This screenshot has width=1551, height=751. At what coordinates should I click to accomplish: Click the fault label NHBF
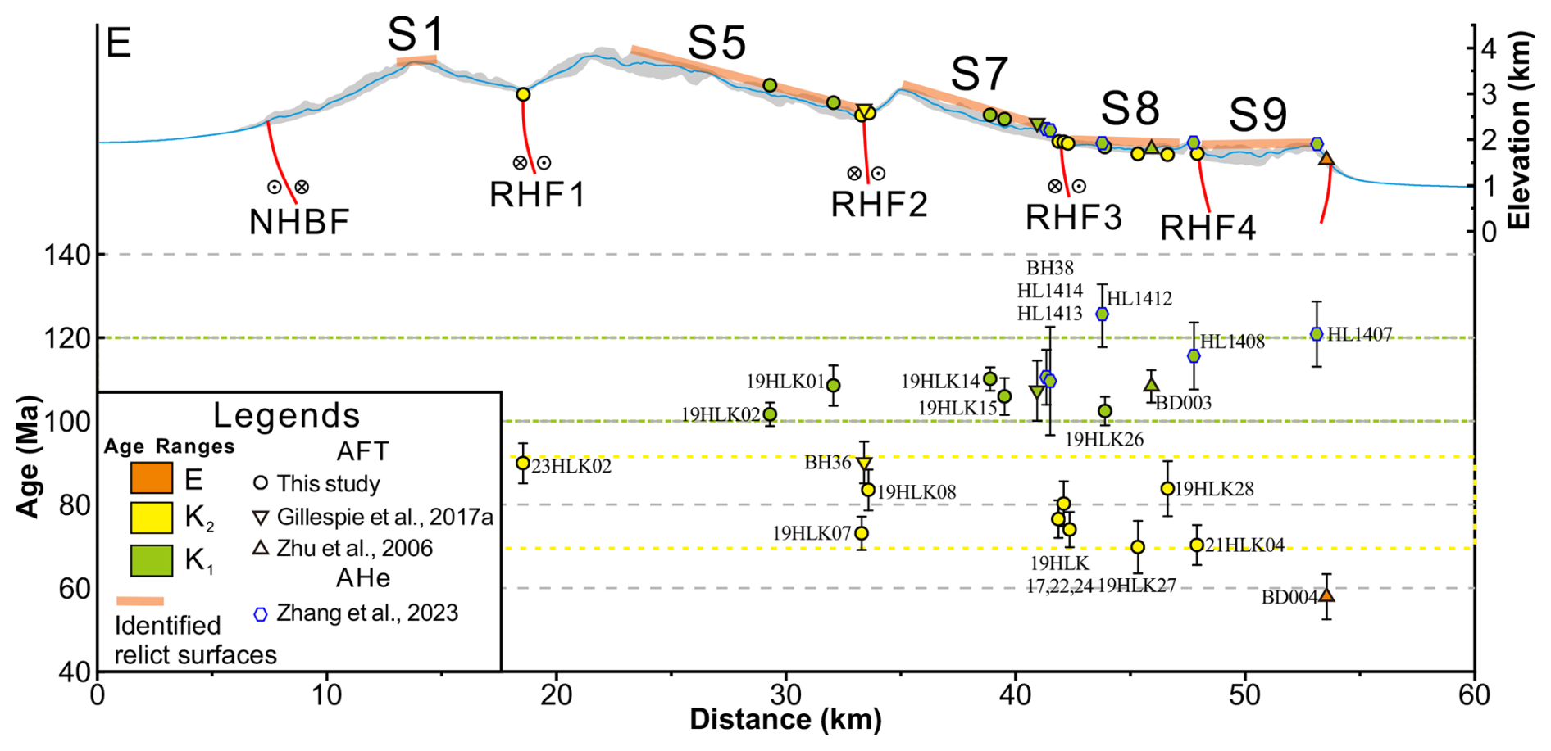[x=299, y=222]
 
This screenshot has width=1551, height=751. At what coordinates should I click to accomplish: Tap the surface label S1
[x=416, y=35]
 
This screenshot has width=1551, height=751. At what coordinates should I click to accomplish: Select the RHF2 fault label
[x=879, y=204]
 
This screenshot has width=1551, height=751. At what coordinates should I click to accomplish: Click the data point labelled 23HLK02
[x=522, y=463]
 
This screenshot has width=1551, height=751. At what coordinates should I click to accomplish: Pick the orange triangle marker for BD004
[x=1326, y=595]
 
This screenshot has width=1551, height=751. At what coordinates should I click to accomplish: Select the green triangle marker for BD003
[x=1151, y=384]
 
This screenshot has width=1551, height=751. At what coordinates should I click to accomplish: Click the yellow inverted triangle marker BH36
[x=864, y=463]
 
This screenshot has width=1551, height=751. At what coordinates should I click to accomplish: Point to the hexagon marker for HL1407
[x=1317, y=333]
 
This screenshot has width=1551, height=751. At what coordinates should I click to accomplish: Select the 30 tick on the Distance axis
[x=786, y=695]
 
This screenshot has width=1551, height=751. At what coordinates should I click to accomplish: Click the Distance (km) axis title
[x=785, y=720]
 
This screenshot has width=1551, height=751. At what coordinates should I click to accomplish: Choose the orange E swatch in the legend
[x=152, y=478]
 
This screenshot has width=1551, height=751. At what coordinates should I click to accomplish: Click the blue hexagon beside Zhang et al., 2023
[x=261, y=613]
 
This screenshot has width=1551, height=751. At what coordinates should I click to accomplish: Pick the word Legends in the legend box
[x=286, y=415]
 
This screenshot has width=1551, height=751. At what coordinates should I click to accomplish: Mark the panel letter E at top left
[x=119, y=43]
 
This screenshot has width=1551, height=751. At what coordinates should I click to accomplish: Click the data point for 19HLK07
[x=862, y=533]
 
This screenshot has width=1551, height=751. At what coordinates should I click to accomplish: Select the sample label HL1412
[x=1139, y=299]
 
